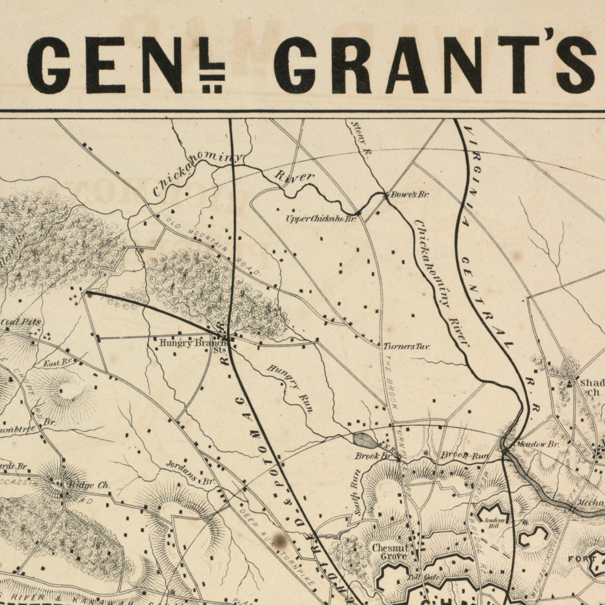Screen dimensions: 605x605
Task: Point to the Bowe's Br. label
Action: tap(410, 195)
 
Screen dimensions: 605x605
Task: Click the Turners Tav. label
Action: tap(406, 347)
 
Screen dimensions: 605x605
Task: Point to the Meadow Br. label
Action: tap(537, 445)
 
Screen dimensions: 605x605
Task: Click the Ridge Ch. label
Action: tap(89, 486)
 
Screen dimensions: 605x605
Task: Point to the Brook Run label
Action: tap(464, 456)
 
